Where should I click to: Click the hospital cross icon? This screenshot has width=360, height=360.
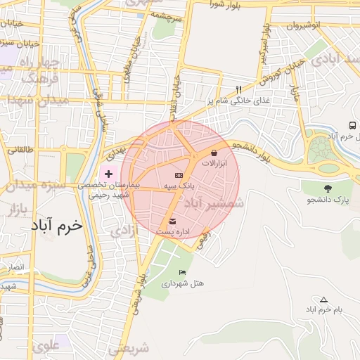point(108,173)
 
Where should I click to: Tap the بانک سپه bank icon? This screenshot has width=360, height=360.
point(179,175)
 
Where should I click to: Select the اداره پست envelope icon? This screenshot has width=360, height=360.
point(173,222)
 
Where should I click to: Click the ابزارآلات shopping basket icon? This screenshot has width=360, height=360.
point(214,152)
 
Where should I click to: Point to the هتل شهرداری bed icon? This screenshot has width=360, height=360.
point(183,273)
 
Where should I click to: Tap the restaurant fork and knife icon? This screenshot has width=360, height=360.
point(238,90)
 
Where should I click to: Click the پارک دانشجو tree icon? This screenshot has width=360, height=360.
point(328,188)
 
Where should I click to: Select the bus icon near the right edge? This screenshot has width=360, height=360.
point(352,125)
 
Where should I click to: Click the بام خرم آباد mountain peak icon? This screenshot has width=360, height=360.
point(323,300)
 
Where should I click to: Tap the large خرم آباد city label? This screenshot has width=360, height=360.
point(57,226)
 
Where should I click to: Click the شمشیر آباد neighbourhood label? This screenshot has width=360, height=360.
point(214,202)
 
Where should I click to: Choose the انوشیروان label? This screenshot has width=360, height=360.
point(303,25)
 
